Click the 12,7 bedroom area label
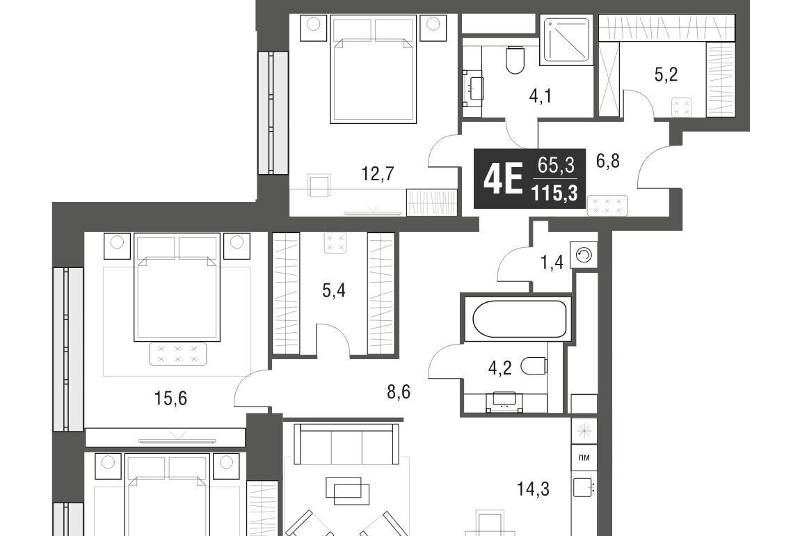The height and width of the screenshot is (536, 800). tap(378, 174)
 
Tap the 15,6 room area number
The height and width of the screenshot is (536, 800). tap(170, 398)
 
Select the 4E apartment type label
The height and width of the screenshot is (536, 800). tap(502, 180)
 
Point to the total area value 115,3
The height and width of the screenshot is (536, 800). tap(554, 194)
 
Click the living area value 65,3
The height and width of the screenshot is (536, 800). tap(555, 166)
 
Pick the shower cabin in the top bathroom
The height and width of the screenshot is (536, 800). tap(566, 40)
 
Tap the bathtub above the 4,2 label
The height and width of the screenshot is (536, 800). tap(520, 319)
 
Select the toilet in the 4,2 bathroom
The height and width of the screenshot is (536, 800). tap(534, 366)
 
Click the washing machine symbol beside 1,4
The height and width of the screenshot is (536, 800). tap(584, 255)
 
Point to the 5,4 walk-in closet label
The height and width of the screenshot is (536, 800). tap(334, 291)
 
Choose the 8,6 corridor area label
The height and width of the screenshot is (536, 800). tap(399, 393)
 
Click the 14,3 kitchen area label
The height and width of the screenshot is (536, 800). tap(533, 489)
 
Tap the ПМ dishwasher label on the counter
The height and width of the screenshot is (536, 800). tap(584, 458)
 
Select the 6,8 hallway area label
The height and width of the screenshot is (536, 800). tap(608, 161)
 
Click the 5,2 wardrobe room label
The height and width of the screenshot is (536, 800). tap(666, 75)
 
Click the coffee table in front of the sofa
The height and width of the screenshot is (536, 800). tap(348, 490)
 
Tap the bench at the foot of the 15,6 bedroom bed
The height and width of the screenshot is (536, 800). tap(177, 353)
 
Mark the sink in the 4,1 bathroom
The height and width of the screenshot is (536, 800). tap(475, 88)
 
